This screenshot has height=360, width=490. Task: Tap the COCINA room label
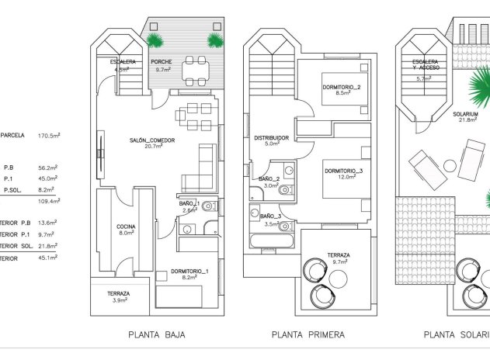127,226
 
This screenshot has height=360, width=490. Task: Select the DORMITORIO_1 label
190,272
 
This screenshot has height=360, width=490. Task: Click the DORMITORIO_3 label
343,171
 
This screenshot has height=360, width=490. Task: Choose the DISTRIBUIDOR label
272,138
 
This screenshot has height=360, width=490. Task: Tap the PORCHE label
162,62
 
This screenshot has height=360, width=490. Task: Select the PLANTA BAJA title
158,335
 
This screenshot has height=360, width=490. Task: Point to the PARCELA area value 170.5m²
49,135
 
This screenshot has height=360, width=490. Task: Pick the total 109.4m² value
49,201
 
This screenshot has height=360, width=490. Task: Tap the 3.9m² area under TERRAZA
119,300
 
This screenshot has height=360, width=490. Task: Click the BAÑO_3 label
270,216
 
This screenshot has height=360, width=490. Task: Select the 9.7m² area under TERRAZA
338,262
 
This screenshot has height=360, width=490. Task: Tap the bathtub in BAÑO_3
271,238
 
